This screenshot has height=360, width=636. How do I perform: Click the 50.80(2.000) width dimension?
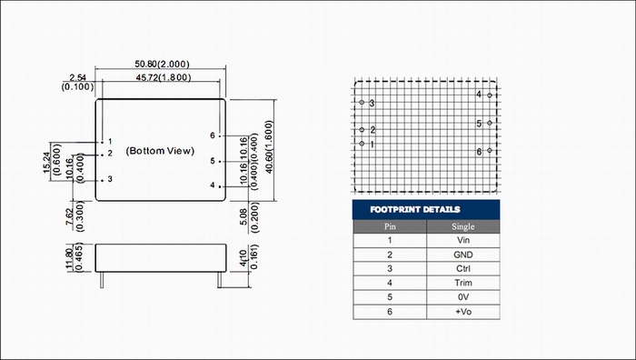pos(162,65)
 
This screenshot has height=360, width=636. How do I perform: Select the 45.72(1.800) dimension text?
pos(163,77)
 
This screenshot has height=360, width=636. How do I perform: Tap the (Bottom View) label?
pos(160,151)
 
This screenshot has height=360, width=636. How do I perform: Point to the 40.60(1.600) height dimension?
pos(269,147)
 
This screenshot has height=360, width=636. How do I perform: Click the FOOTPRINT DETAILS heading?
pos(415,209)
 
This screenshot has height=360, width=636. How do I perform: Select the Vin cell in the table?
pos(462,240)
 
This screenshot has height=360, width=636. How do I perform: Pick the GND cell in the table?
pos(462,255)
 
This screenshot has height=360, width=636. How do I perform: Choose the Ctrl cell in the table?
pos(462,269)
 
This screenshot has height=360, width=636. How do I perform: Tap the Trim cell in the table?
pos(462,283)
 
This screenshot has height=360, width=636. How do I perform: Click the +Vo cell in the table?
pos(462,312)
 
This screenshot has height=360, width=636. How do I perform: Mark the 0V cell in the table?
pos(462,297)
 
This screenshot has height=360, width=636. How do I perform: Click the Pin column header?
pos(390,226)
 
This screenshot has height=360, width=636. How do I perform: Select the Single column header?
pos(462,226)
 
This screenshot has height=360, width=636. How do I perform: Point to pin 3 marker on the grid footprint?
pos(362,103)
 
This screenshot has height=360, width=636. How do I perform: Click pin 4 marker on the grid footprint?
pos(490,95)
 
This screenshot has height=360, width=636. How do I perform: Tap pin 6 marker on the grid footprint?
pos(490,150)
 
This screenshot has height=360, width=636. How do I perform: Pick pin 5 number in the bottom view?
pos(213,161)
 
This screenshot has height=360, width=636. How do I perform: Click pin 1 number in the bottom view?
pos(110,142)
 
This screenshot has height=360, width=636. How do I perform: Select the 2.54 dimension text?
pos(77,77)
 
